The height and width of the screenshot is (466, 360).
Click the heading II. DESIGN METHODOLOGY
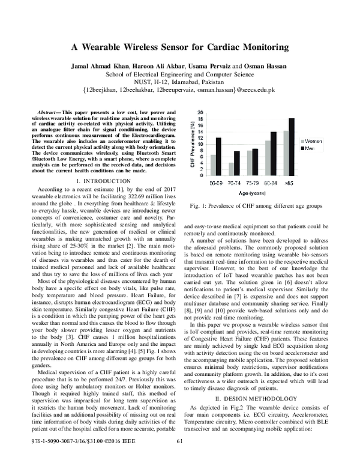click(x=251, y=398)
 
